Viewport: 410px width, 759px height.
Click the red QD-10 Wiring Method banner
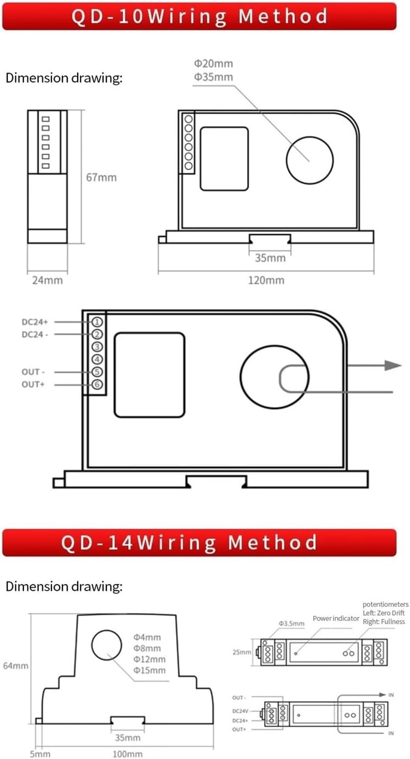199,16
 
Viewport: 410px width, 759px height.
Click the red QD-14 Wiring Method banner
199,543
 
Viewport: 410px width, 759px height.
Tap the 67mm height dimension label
101,177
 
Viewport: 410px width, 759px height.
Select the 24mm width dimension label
47,280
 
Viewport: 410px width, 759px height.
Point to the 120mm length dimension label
266,280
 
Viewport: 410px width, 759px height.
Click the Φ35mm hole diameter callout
213,77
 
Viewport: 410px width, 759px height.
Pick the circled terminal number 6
97,385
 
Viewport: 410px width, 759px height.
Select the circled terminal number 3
97,347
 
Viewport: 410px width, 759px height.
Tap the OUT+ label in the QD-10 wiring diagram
33,385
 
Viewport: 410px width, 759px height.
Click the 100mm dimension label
127,754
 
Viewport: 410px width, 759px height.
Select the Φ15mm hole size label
150,670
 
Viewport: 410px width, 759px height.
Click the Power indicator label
336,618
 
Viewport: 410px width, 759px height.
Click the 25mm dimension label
242,652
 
